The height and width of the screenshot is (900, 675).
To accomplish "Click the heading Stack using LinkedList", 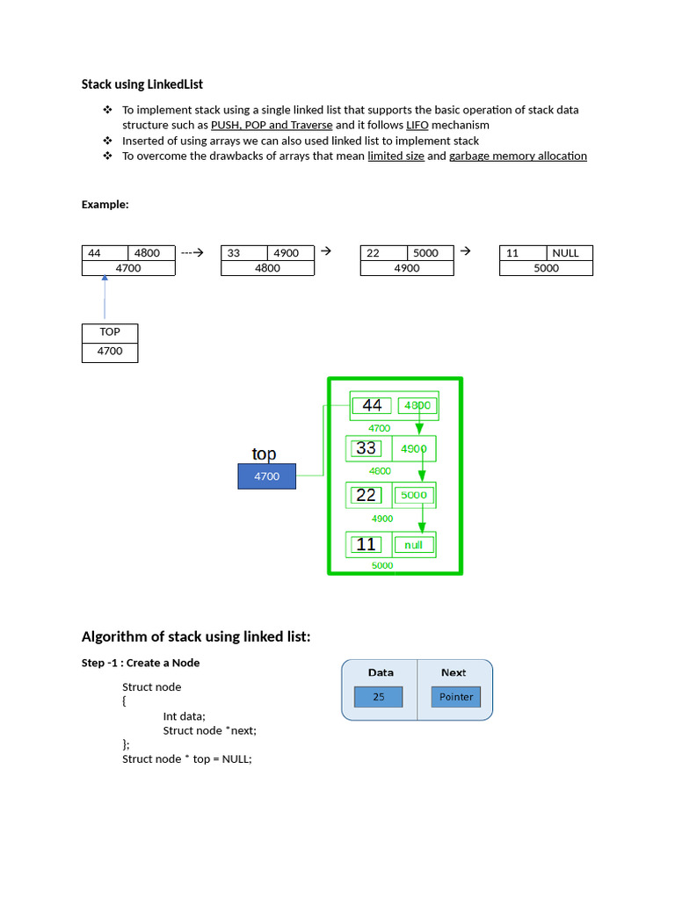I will [142, 84].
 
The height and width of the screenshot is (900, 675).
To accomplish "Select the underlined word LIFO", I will [417, 125].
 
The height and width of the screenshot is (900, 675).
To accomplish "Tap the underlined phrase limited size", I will [396, 156].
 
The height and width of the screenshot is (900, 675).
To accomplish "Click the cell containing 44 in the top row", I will [105, 253].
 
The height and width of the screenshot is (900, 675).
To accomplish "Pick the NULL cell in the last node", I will [565, 253].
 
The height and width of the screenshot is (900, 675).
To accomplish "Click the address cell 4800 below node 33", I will [267, 268].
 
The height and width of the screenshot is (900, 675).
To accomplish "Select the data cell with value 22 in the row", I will [383, 253].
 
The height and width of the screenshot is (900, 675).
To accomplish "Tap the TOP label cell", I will [110, 332].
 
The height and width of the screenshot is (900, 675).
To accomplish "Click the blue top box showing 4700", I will [266, 476].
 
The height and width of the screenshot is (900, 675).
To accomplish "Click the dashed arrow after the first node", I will [192, 252].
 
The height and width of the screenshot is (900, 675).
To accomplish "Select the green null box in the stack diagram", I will [413, 545].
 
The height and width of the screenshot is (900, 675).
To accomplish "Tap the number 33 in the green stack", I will [367, 448].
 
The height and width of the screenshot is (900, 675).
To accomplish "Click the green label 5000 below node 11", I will [382, 566].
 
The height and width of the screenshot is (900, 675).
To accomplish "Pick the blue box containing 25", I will [378, 697].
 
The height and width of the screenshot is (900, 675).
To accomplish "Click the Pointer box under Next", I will [456, 697].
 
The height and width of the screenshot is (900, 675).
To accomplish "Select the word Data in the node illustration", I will [381, 672].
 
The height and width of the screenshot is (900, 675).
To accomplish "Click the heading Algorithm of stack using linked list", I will [196, 636].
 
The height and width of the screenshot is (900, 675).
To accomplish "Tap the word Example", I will [105, 204].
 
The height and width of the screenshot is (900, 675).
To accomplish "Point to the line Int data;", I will [184, 716].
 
